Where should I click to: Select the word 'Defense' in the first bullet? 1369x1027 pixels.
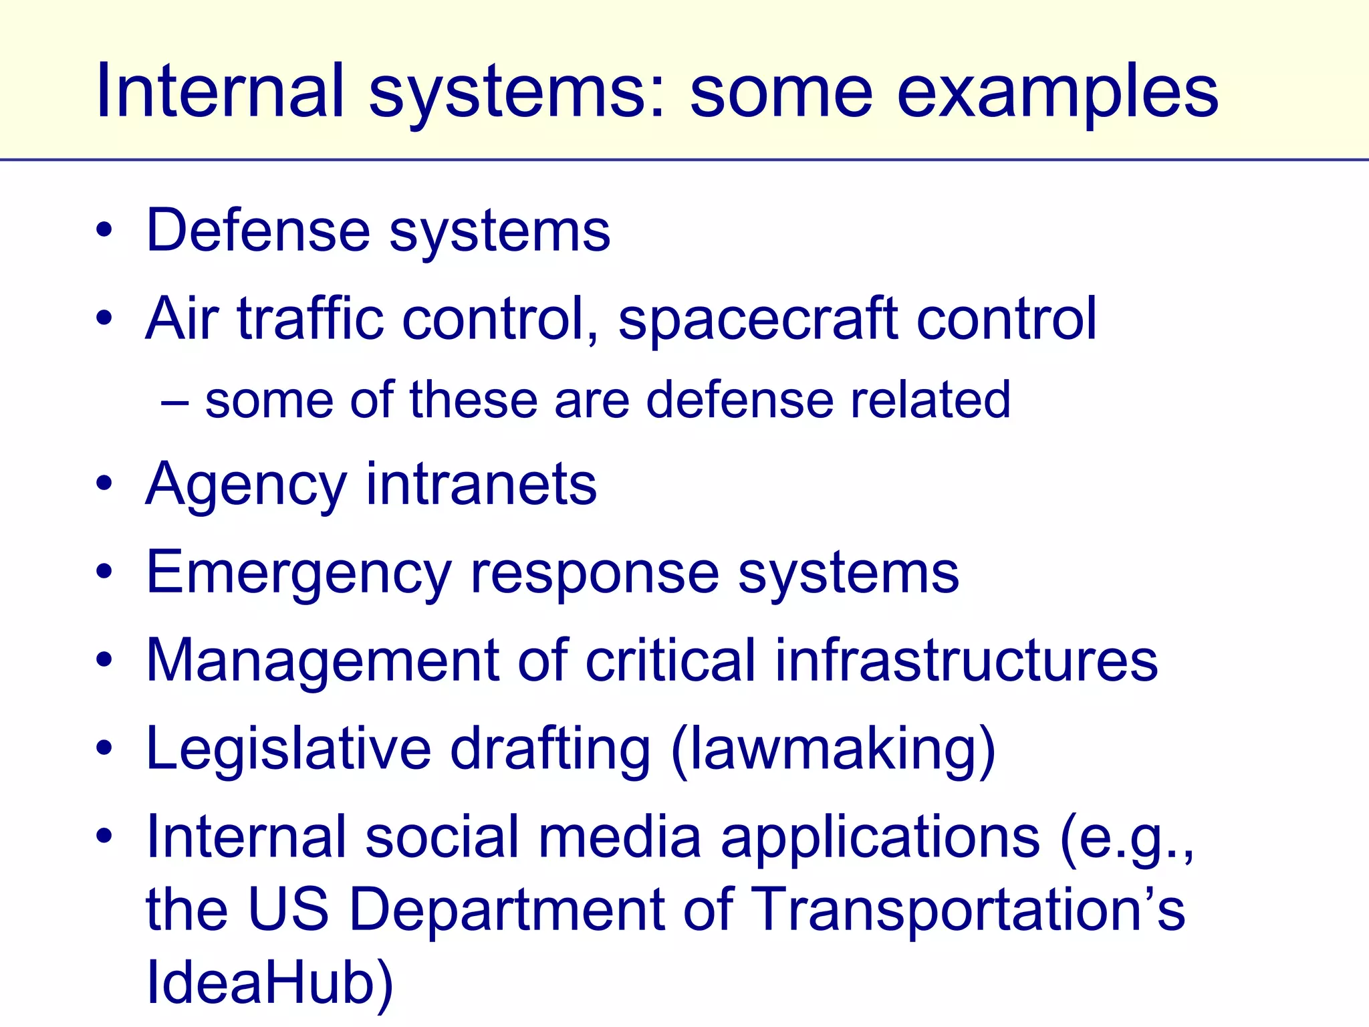(x=257, y=231)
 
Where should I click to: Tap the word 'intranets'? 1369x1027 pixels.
(x=481, y=484)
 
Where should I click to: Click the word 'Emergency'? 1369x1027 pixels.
(x=299, y=574)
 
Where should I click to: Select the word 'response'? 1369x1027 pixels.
(x=594, y=574)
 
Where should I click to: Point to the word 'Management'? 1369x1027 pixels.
(x=322, y=661)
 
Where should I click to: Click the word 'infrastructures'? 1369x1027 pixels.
(x=966, y=661)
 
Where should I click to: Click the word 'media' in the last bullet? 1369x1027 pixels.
(x=620, y=837)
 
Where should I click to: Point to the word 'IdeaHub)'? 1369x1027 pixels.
(x=269, y=983)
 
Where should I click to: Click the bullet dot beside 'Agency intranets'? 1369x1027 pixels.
(x=104, y=484)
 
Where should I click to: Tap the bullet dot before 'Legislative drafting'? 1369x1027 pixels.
(x=104, y=748)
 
